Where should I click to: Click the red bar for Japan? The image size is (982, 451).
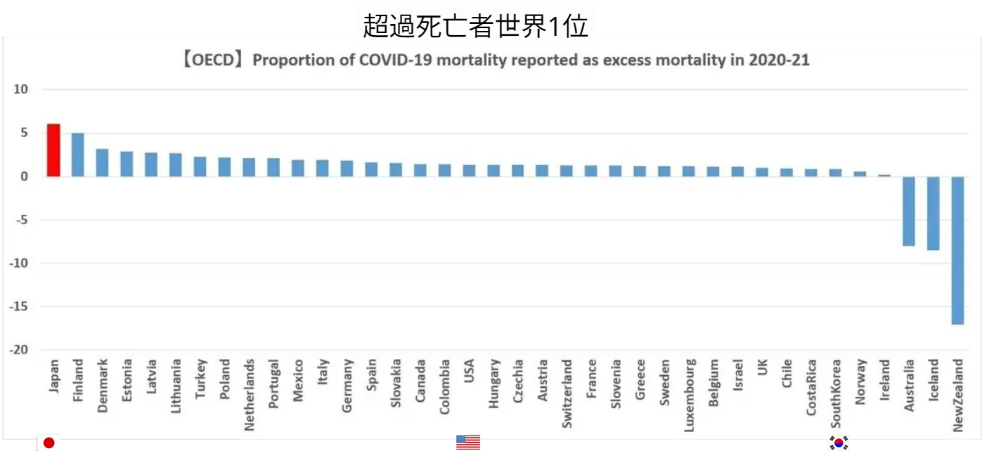pos(53,150)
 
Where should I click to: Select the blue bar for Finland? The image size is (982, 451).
pos(78,155)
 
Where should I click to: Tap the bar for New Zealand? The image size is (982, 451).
pos(957,250)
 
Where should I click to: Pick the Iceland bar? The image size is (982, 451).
pos(933,213)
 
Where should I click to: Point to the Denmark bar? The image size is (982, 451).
pos(102,162)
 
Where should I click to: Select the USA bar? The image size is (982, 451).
pos(468,171)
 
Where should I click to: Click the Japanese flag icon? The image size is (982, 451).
pos(49,443)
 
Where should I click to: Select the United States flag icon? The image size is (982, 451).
pos(468,443)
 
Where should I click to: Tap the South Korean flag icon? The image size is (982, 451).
pos(839,443)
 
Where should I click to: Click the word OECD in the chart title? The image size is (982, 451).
pos(214,60)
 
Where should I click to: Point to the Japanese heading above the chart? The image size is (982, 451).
pos(475,26)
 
